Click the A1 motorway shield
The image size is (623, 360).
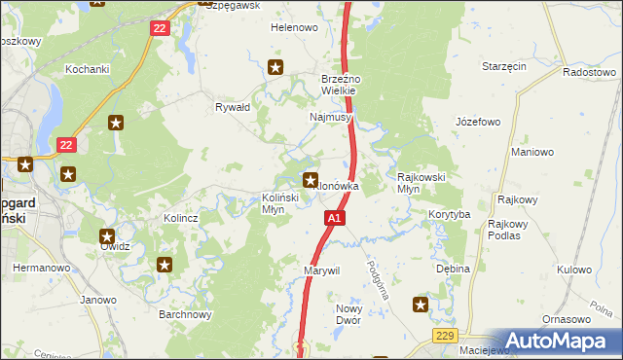(x=334, y=219)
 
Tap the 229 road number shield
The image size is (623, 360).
(x=443, y=334)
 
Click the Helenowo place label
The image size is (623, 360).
(x=294, y=28)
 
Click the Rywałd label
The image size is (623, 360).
(x=233, y=107)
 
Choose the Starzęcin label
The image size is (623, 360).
(x=504, y=66)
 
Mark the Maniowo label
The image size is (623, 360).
(x=532, y=153)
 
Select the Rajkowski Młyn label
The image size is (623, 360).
(x=421, y=183)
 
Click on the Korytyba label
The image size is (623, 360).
(x=449, y=213)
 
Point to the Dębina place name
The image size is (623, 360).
(x=453, y=269)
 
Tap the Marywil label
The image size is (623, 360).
(x=321, y=270)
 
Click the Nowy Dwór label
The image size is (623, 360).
(x=348, y=314)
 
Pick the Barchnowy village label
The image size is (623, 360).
(x=185, y=314)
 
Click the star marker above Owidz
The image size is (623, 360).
(x=107, y=235)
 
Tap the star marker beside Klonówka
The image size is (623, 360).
(x=311, y=179)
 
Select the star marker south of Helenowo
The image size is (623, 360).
(x=275, y=67)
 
